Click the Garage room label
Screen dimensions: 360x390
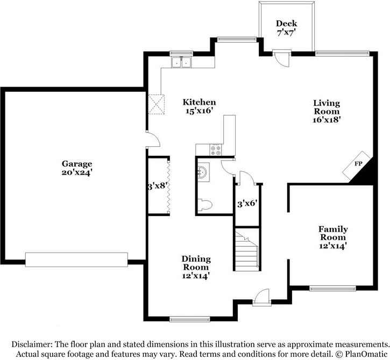coord(76,164)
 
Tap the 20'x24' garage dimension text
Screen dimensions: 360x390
coord(76,172)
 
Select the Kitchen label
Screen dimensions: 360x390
coord(199,102)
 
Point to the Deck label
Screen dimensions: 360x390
coord(286,24)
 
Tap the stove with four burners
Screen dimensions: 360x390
coord(215,150)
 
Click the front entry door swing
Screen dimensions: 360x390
coord(262,295)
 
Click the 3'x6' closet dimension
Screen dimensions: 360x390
coord(247,204)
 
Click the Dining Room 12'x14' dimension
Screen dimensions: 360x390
coord(196,276)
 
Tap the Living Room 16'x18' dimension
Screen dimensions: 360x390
coord(327,120)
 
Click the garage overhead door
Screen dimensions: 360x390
coord(76,260)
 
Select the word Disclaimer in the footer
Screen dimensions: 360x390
coord(32,344)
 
